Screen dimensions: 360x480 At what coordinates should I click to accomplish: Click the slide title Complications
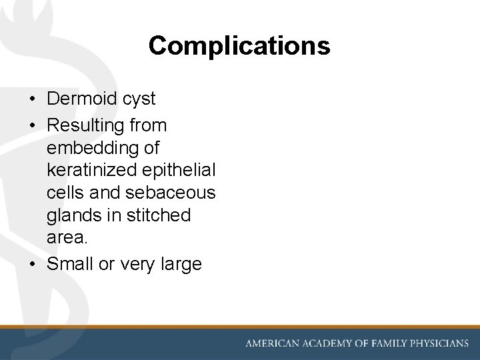[x=239, y=46]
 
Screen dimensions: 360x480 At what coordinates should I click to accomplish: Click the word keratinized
[x=89, y=171]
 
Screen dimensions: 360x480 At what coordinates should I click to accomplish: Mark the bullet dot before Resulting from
[x=32, y=126]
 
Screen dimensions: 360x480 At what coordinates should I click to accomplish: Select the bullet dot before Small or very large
[x=32, y=265]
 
